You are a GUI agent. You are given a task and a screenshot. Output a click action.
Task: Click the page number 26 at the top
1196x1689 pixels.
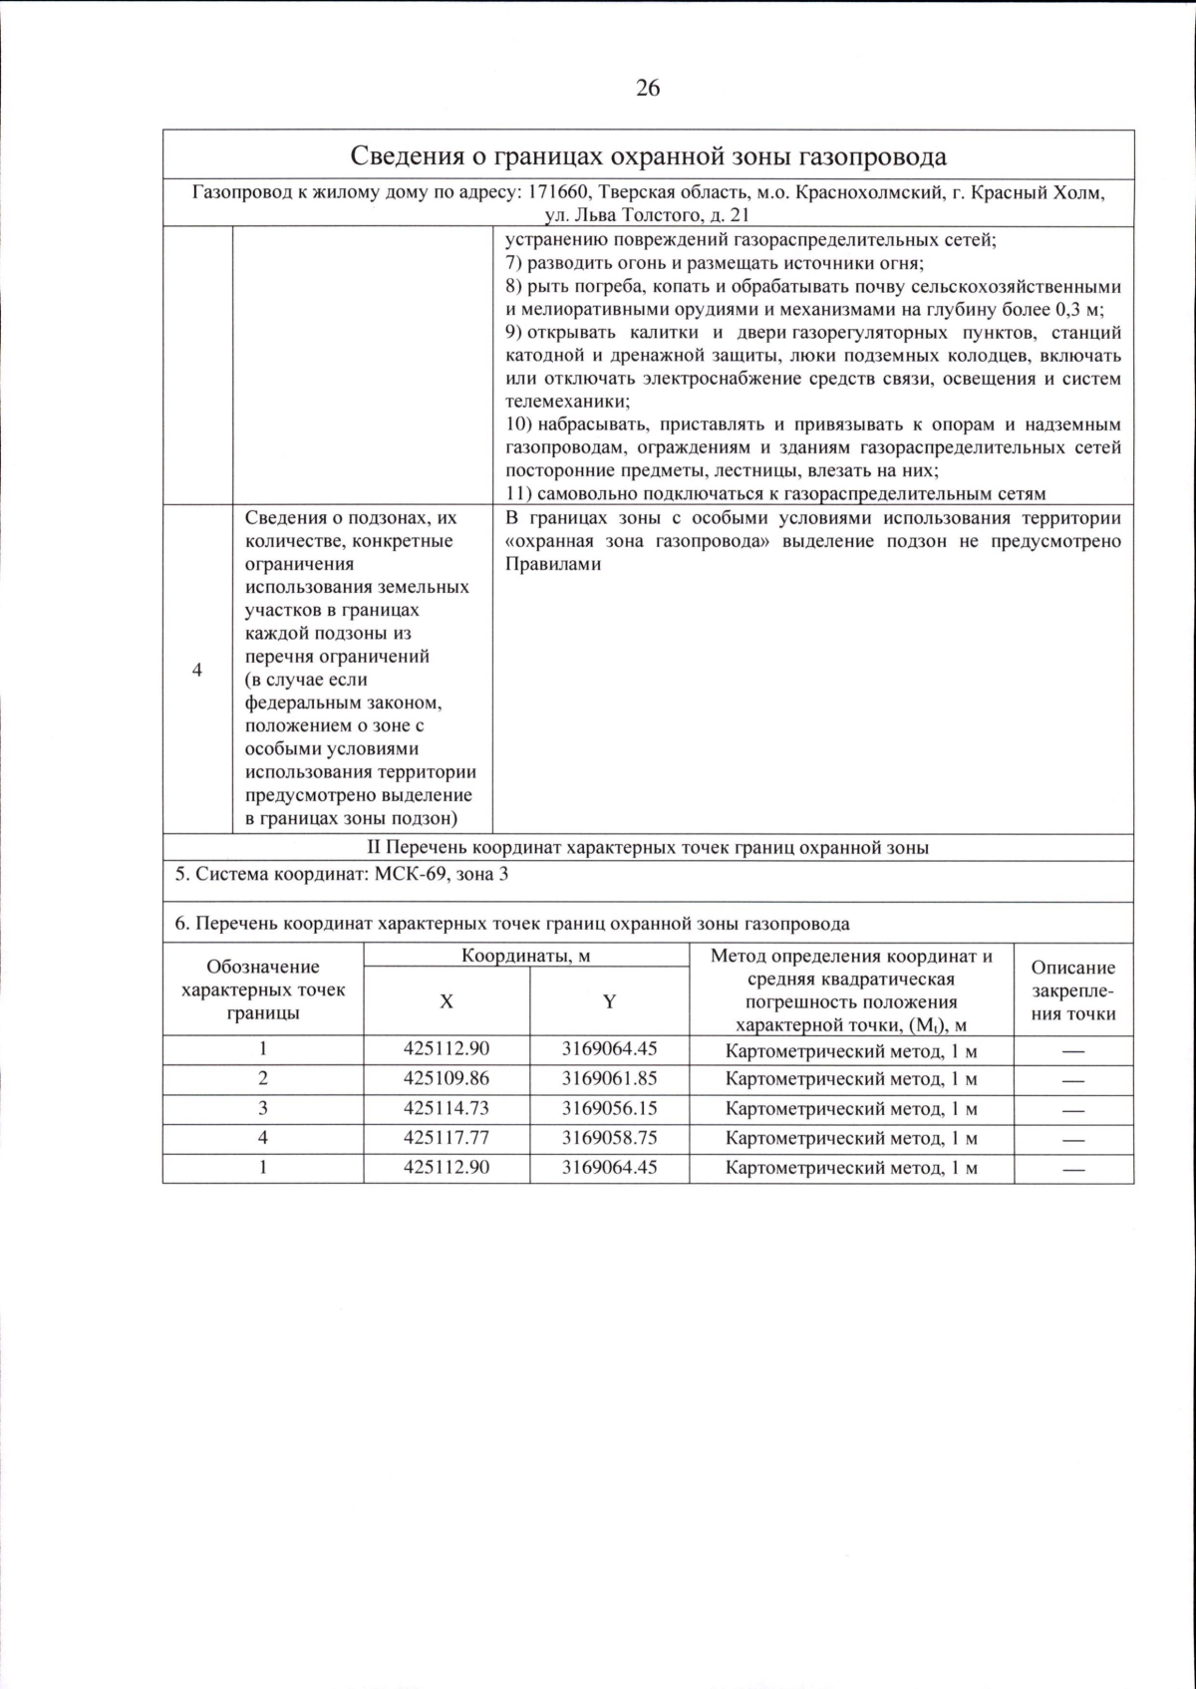click(647, 89)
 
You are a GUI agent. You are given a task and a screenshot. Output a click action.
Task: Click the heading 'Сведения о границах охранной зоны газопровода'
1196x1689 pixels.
click(648, 157)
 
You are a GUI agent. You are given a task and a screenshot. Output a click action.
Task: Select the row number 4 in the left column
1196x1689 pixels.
click(197, 670)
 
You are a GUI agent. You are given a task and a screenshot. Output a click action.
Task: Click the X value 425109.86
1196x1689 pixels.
click(447, 1078)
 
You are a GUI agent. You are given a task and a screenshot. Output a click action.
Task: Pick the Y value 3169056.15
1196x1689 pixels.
click(609, 1108)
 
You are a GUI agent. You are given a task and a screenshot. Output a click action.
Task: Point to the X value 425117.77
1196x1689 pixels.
click(447, 1137)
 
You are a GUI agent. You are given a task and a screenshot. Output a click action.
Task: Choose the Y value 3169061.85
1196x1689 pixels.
click(609, 1078)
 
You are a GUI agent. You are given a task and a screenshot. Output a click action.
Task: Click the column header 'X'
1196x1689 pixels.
click(447, 1001)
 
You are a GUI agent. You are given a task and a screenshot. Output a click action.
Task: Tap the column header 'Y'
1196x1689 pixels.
click(609, 1001)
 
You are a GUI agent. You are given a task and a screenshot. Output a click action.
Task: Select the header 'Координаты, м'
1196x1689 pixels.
click(525, 956)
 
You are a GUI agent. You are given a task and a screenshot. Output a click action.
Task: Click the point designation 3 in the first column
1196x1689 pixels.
click(263, 1108)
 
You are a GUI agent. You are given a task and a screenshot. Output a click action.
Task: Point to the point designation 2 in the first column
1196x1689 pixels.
click(263, 1078)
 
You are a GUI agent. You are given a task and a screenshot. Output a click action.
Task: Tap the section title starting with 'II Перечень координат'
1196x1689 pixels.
click(648, 848)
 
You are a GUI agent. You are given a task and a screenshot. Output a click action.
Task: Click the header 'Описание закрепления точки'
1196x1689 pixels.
click(1073, 990)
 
